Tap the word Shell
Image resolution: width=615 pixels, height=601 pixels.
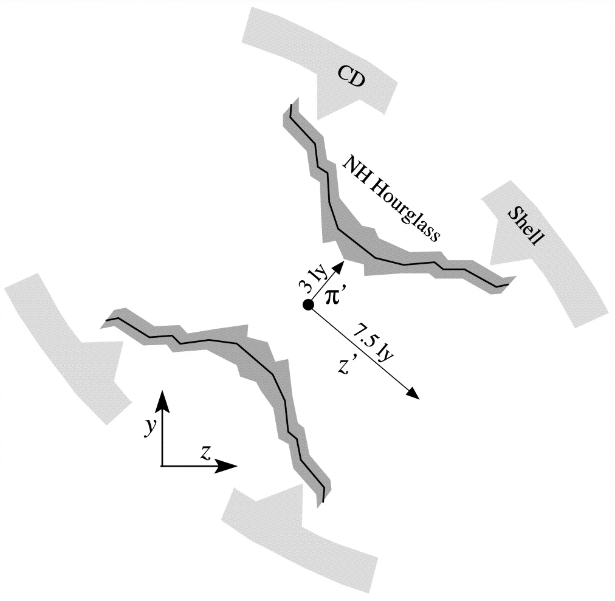pyautogui.click(x=525, y=226)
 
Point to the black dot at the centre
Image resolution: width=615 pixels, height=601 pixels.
pyautogui.click(x=308, y=305)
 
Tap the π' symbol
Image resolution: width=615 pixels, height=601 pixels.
pyautogui.click(x=334, y=296)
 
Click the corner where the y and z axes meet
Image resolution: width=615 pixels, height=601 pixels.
pyautogui.click(x=162, y=466)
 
